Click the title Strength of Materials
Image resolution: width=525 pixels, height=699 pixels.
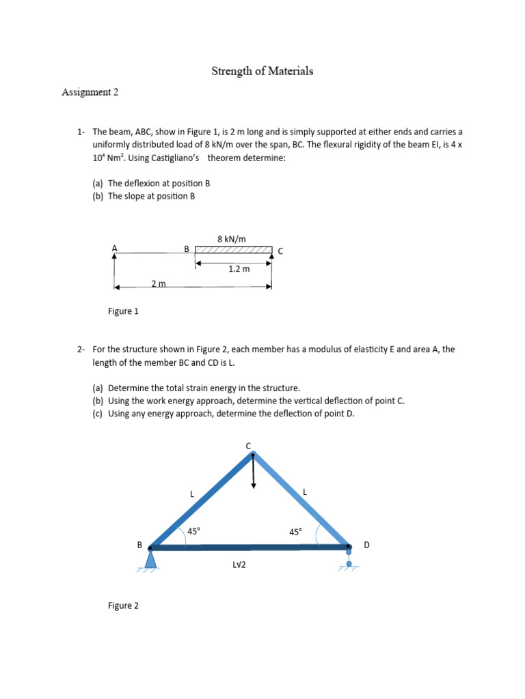point(262,71)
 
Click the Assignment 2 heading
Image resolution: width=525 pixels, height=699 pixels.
point(90,92)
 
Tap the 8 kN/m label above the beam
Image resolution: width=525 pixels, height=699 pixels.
point(231,239)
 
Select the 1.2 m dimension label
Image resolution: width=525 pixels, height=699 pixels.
point(239,269)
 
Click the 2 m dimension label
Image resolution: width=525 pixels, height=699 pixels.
point(159,283)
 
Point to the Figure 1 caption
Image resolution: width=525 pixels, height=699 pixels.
point(123,311)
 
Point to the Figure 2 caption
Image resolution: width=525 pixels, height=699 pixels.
point(123,605)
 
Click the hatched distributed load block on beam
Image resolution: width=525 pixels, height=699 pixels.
point(233,251)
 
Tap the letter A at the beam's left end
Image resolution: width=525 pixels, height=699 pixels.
point(114,249)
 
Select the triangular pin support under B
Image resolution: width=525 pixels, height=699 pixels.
point(150,559)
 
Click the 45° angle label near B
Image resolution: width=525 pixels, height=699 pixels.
point(194,531)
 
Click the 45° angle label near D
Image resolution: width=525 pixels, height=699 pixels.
point(295,532)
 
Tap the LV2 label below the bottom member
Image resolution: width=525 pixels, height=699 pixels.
point(239,565)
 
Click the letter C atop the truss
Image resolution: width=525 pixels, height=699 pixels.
point(249,446)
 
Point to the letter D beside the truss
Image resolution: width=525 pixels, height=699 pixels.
point(366,545)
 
